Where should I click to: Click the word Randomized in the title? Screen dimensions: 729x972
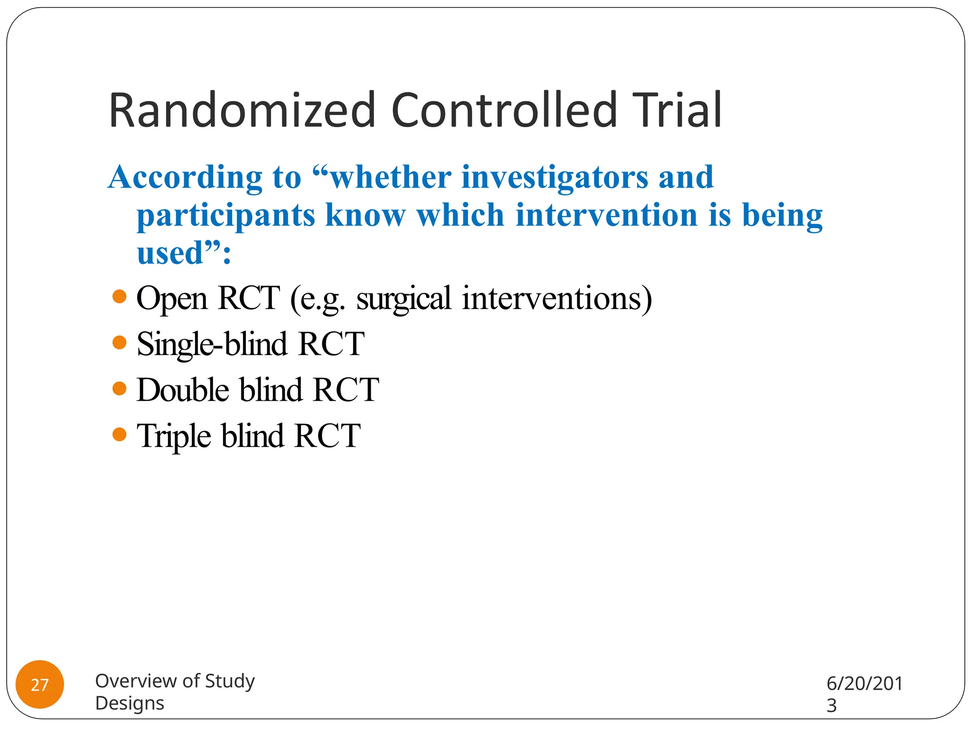coord(242,111)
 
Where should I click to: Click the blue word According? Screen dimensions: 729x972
coord(185,178)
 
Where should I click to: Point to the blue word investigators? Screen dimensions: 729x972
coord(554,178)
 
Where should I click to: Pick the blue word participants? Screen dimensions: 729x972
coord(226,215)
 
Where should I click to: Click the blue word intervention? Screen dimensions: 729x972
coord(607,215)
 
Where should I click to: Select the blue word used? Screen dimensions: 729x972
coord(170,253)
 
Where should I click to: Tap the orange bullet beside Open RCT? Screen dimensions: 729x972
coord(120,297)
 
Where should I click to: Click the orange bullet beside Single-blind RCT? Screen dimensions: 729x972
coord(120,343)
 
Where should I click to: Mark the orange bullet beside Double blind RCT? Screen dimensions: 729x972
coord(120,389)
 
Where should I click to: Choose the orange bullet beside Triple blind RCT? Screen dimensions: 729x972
coord(120,434)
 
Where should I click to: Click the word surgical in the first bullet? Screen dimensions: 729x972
coord(403,299)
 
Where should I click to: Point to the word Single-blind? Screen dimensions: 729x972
coord(212,345)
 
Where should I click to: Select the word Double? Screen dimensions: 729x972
coord(183,390)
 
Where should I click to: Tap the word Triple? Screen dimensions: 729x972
coord(174,436)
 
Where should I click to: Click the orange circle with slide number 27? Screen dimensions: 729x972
coord(40,684)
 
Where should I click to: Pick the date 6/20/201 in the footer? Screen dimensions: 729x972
coord(864,684)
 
